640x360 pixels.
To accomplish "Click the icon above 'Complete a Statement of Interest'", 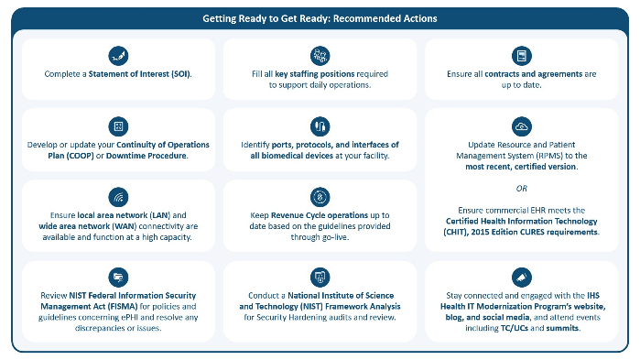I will [117, 54].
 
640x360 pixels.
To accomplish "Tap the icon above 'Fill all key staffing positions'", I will [320, 54].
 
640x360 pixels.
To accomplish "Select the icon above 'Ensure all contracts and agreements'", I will [522, 54].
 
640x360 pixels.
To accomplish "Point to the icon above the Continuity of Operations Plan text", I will [117, 125].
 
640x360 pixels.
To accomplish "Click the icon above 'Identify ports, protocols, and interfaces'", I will [320, 125].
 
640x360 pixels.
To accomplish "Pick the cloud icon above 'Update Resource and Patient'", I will [522, 125].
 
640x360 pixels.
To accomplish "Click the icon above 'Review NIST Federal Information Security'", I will [117, 276].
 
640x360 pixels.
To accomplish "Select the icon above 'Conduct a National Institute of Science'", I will [320, 276].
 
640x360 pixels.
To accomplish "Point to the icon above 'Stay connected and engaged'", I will [522, 276].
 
